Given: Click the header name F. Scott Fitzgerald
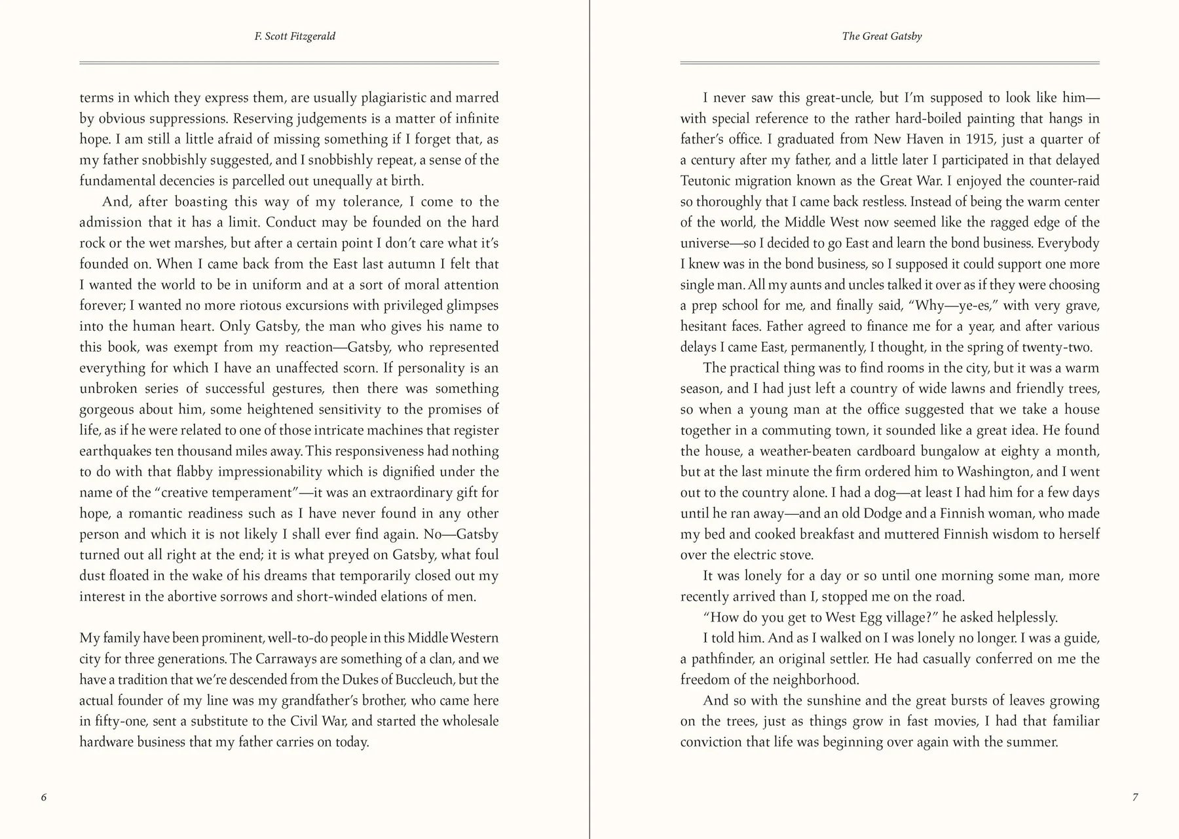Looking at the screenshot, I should [295, 37].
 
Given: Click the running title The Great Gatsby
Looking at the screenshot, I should [882, 37].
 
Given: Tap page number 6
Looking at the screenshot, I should [44, 797].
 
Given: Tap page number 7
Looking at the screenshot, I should [1135, 797].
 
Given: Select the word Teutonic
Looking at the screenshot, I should [709, 181].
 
